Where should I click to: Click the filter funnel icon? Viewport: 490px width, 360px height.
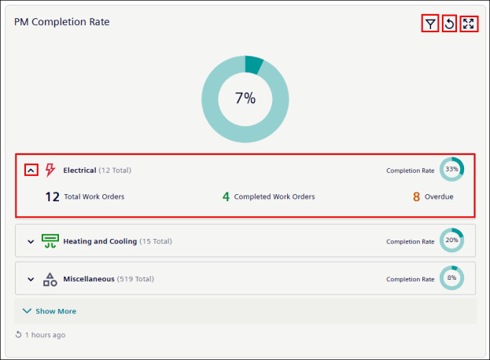tap(430, 24)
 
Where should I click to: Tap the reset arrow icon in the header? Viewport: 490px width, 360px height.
tap(449, 24)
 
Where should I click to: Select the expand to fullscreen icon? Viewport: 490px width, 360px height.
tap(469, 24)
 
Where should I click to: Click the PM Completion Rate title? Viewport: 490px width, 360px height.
tap(62, 22)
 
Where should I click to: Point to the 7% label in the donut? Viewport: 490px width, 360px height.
tap(245, 98)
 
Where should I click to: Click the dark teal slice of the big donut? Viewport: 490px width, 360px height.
tap(253, 64)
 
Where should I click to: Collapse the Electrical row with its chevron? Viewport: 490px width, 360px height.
tap(31, 171)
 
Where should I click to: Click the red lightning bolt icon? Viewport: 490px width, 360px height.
tap(50, 170)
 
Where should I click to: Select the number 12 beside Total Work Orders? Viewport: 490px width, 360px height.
tap(52, 197)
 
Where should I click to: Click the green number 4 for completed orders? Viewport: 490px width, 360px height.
tap(226, 197)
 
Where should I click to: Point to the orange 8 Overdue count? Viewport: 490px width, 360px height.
tap(416, 197)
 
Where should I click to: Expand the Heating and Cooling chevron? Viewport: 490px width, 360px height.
tap(31, 241)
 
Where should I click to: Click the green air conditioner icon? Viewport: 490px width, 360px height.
tap(50, 241)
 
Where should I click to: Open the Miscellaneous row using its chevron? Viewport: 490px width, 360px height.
tap(31, 279)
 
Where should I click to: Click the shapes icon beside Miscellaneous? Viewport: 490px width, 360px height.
tap(50, 279)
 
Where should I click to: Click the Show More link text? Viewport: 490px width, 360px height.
tap(56, 311)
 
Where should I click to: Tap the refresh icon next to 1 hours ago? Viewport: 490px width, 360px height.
tap(18, 335)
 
